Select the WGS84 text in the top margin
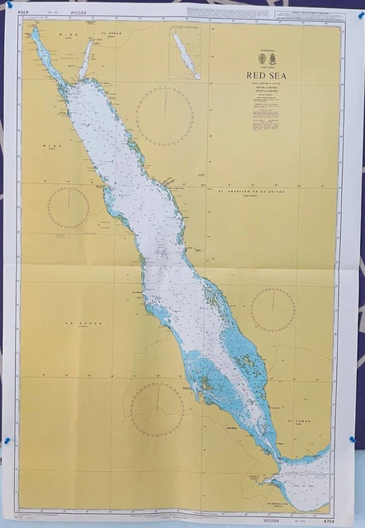pyautogui.click(x=80, y=12)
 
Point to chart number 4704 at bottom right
pyautogui.click(x=322, y=520)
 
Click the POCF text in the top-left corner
pyautogui.click(x=13, y=10)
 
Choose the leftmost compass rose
pyautogui.click(x=69, y=207)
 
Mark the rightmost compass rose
pyautogui.click(x=273, y=309)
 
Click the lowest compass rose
pyautogui.click(x=157, y=409)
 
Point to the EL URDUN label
pyautogui.click(x=111, y=32)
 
